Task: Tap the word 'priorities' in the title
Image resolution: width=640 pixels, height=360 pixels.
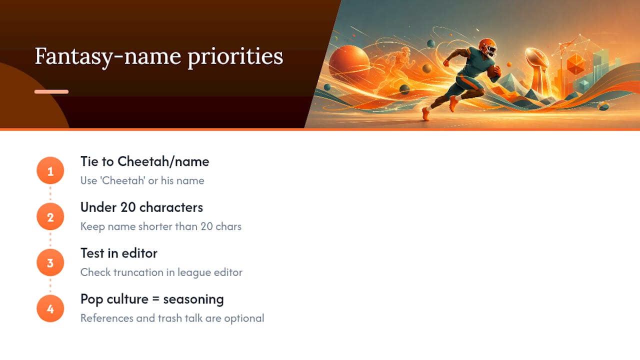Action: point(235,57)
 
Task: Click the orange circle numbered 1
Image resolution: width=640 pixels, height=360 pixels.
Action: point(50,170)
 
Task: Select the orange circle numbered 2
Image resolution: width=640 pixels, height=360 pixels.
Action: point(50,216)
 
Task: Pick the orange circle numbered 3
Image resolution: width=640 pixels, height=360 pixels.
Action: point(50,262)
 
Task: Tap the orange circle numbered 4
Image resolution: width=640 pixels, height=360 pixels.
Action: point(50,308)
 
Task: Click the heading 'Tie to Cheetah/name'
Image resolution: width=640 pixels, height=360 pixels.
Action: point(145,161)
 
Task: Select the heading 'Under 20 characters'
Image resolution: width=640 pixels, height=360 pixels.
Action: point(141,207)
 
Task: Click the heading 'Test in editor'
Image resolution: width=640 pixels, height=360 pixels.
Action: point(119,253)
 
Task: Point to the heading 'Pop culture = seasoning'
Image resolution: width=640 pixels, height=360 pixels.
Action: point(152,299)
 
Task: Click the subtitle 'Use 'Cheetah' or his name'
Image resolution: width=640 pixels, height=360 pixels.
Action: point(142,180)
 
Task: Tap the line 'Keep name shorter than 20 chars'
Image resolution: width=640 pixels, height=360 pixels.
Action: point(161,226)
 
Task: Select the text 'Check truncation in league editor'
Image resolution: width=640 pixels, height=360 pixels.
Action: point(161,272)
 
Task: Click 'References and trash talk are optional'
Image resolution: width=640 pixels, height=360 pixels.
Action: point(172,318)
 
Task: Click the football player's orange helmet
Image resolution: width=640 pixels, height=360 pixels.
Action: point(487,47)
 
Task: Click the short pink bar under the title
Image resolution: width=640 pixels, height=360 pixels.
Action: point(51,91)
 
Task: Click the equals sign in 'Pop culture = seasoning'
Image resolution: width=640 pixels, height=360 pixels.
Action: point(155,299)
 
